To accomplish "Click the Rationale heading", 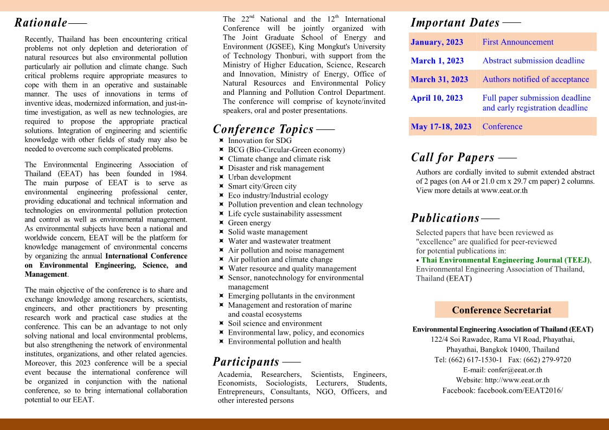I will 41,23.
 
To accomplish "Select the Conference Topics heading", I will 263,129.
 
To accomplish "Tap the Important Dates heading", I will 455,23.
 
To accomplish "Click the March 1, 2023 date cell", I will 437,61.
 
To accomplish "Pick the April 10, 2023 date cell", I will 437,98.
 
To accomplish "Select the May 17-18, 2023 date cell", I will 441,127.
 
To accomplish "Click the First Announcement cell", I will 518,42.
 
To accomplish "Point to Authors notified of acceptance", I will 535,80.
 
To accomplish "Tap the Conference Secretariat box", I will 501,310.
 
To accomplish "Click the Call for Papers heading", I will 453,158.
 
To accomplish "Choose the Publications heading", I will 445,218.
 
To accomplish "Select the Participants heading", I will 246,362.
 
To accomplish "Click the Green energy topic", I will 249,223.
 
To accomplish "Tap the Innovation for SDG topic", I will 260,140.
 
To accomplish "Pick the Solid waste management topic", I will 267,232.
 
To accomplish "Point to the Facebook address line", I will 503,390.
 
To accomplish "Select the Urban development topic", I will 259,177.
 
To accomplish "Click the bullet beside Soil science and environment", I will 222,323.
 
